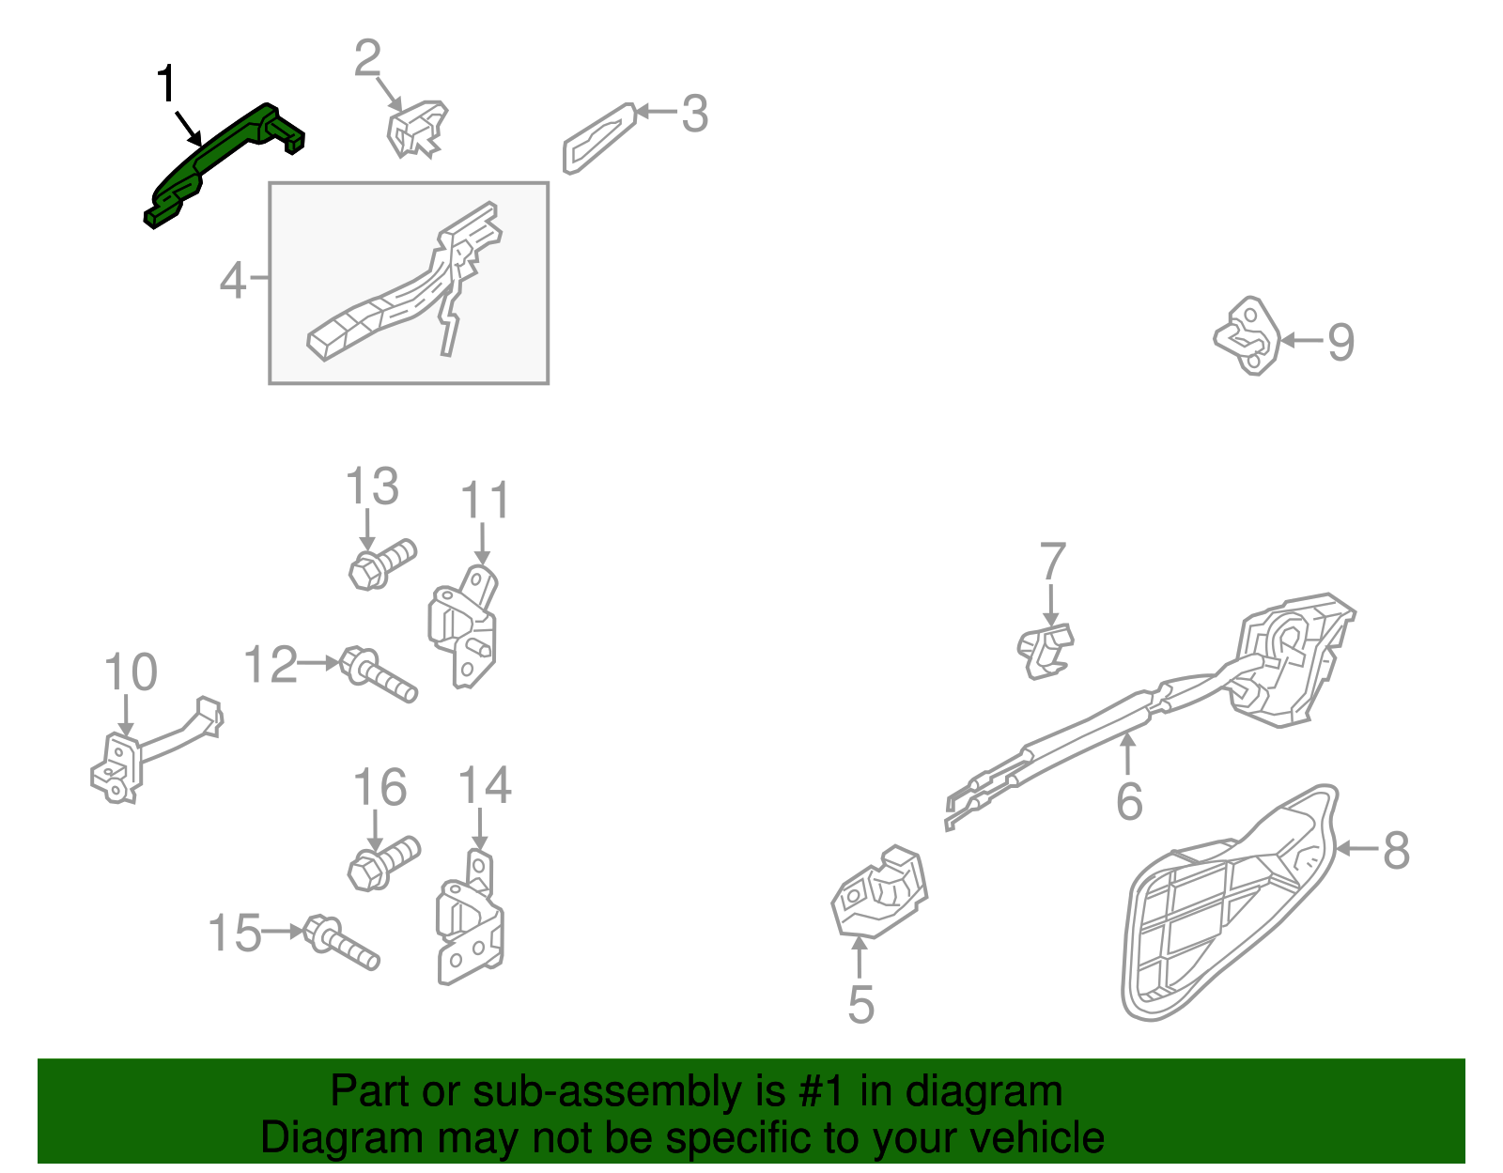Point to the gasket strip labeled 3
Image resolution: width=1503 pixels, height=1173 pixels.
coord(598,138)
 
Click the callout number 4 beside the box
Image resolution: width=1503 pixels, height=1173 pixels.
coord(233,280)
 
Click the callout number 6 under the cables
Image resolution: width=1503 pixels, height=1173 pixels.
coord(1129,801)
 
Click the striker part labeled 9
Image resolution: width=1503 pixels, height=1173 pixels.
coord(1247,336)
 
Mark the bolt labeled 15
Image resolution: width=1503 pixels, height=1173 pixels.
coord(343,944)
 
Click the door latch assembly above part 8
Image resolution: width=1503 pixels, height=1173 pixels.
coord(1292,657)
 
